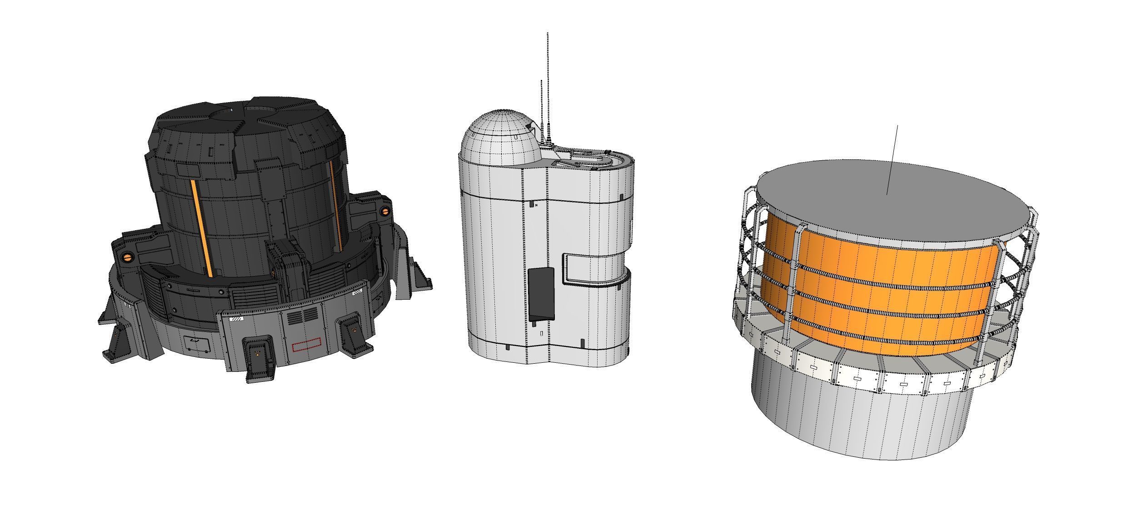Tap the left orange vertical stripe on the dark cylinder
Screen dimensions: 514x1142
coord(202,227)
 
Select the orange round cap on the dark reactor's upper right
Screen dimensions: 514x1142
coord(384,210)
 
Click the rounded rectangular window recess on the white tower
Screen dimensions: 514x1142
coord(595,268)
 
